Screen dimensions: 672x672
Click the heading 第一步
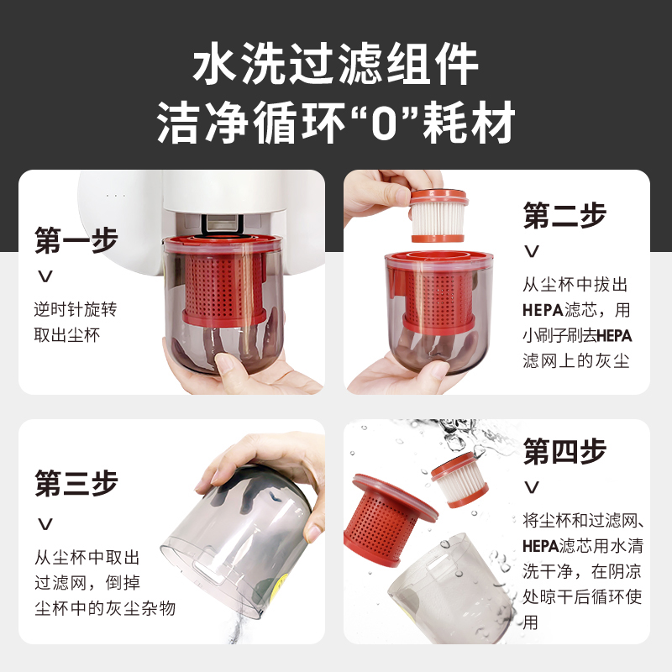[76, 240]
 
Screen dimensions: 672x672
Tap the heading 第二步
[564, 215]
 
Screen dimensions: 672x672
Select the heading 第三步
[76, 483]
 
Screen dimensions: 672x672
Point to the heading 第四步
[564, 451]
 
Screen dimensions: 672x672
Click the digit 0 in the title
[384, 123]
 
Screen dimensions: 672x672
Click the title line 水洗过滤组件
[335, 65]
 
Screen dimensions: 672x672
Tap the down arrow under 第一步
[45, 276]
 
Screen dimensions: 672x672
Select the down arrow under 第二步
[532, 251]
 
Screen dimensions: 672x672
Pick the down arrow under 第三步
[45, 523]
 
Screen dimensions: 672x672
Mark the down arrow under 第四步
[532, 487]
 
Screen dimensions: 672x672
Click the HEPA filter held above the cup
[438, 216]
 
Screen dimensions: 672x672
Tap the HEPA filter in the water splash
[459, 480]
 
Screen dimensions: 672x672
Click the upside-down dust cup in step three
[238, 542]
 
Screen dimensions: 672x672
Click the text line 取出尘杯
[67, 334]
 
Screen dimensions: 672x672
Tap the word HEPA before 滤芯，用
[543, 309]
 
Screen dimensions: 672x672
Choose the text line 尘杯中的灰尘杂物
[105, 607]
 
